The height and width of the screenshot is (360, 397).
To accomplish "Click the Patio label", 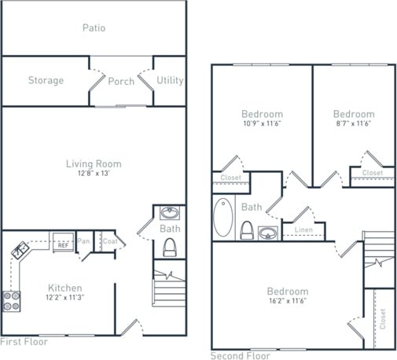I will click(x=94, y=28).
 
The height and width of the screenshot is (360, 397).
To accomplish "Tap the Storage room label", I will click(x=46, y=80).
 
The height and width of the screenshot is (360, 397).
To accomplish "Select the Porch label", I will click(x=121, y=81).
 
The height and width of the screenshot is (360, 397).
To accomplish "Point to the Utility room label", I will click(x=170, y=80).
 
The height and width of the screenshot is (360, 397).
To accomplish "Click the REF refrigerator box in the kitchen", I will click(x=64, y=244).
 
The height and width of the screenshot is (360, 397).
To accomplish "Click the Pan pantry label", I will click(x=83, y=242).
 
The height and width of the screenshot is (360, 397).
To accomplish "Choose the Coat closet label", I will click(x=109, y=242).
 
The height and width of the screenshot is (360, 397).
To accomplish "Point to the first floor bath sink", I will click(x=169, y=213).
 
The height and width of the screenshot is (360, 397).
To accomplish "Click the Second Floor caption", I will click(x=241, y=355).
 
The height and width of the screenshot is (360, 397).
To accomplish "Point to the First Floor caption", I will click(x=24, y=342).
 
